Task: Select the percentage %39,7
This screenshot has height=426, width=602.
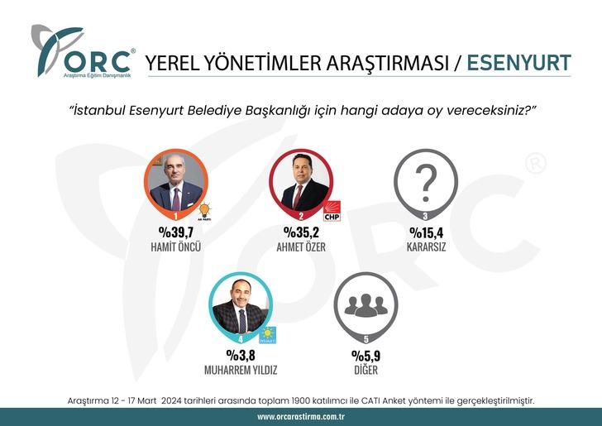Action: pos(174,233)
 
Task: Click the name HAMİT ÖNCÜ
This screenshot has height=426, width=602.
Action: pos(174,247)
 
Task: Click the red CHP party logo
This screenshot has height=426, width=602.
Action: pos(332,212)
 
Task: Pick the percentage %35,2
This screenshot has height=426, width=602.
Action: pos(300,233)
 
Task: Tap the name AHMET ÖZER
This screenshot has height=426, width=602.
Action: pos(300,247)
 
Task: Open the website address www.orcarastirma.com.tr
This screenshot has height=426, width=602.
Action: pos(301,417)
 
